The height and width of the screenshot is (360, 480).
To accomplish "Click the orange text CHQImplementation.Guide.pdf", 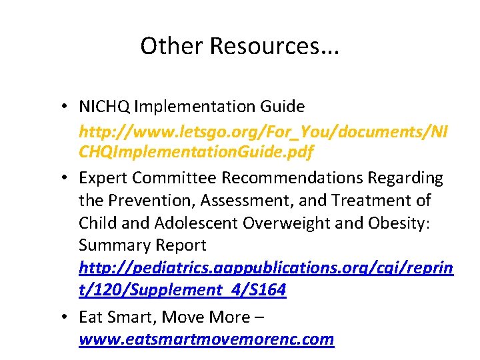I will click(x=196, y=153).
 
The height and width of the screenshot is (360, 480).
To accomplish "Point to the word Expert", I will click(x=103, y=177).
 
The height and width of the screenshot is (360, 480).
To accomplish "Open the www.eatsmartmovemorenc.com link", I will click(x=206, y=339).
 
